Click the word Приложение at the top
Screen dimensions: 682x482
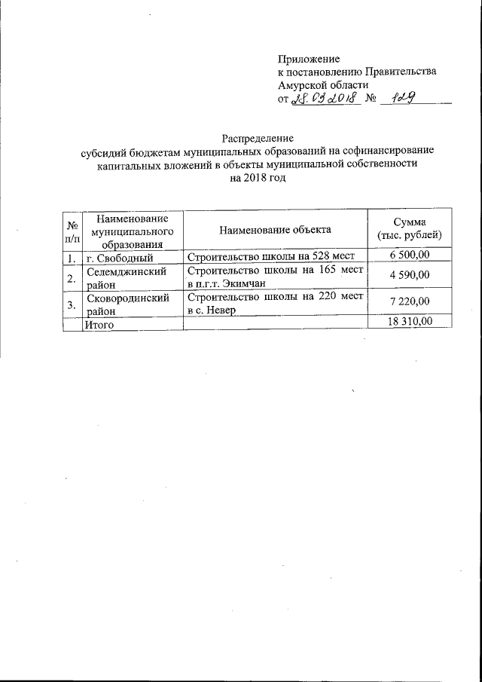tap(309, 58)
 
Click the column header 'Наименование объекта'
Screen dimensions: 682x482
tap(275, 230)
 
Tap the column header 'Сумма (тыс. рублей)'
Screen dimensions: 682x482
tap(410, 230)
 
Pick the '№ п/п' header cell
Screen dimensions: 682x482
tap(72, 231)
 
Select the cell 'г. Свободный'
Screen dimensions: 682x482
tap(120, 258)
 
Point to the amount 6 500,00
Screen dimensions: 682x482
tap(410, 258)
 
